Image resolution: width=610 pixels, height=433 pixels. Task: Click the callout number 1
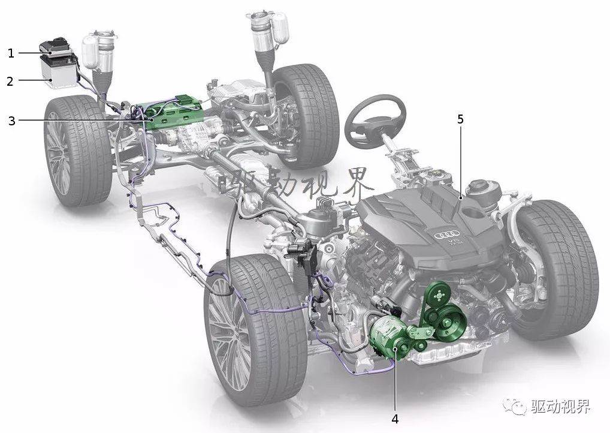[11, 53]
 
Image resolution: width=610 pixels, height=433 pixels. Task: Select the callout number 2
[10, 81]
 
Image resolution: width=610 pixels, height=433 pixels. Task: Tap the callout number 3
[11, 121]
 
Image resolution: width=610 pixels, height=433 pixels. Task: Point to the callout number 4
[395, 419]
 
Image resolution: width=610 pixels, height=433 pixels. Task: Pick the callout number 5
[461, 119]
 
